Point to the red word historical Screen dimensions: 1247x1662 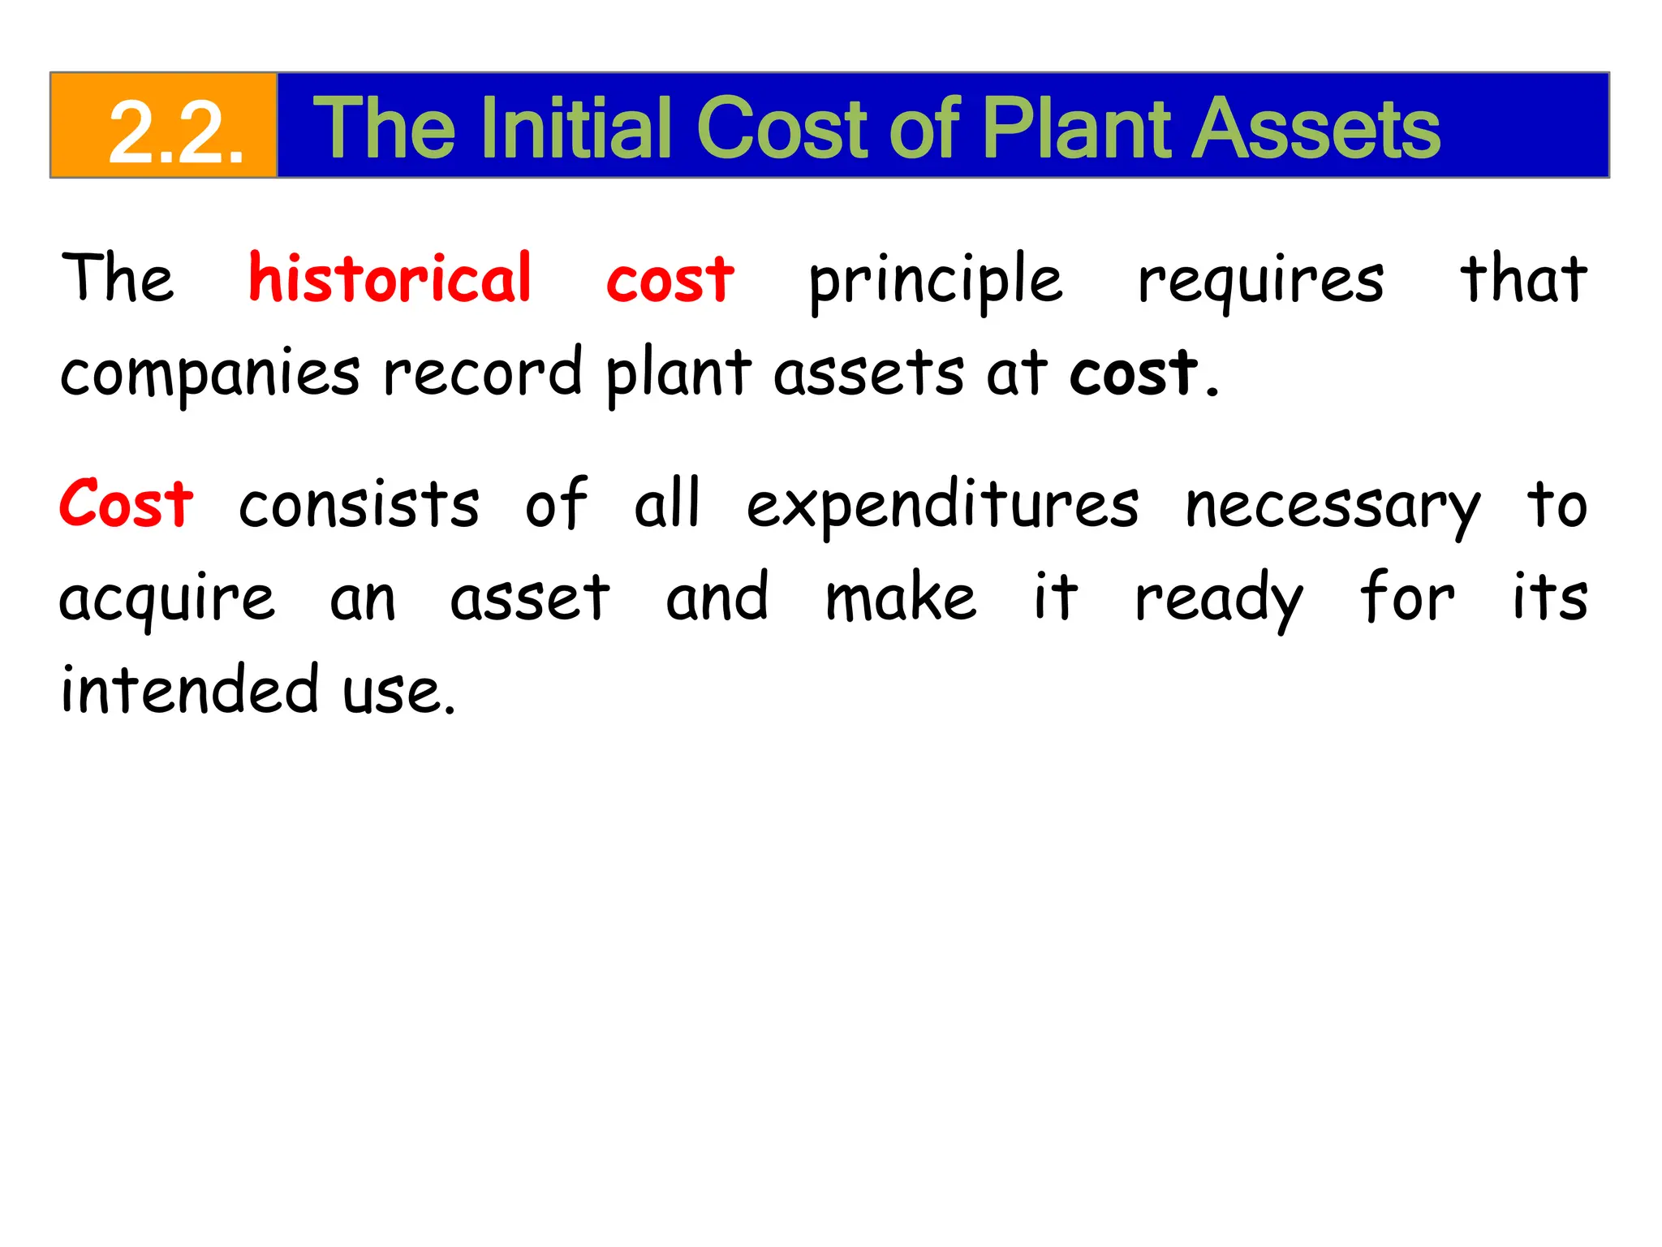pos(390,278)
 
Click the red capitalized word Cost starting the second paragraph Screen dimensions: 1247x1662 pos(127,503)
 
